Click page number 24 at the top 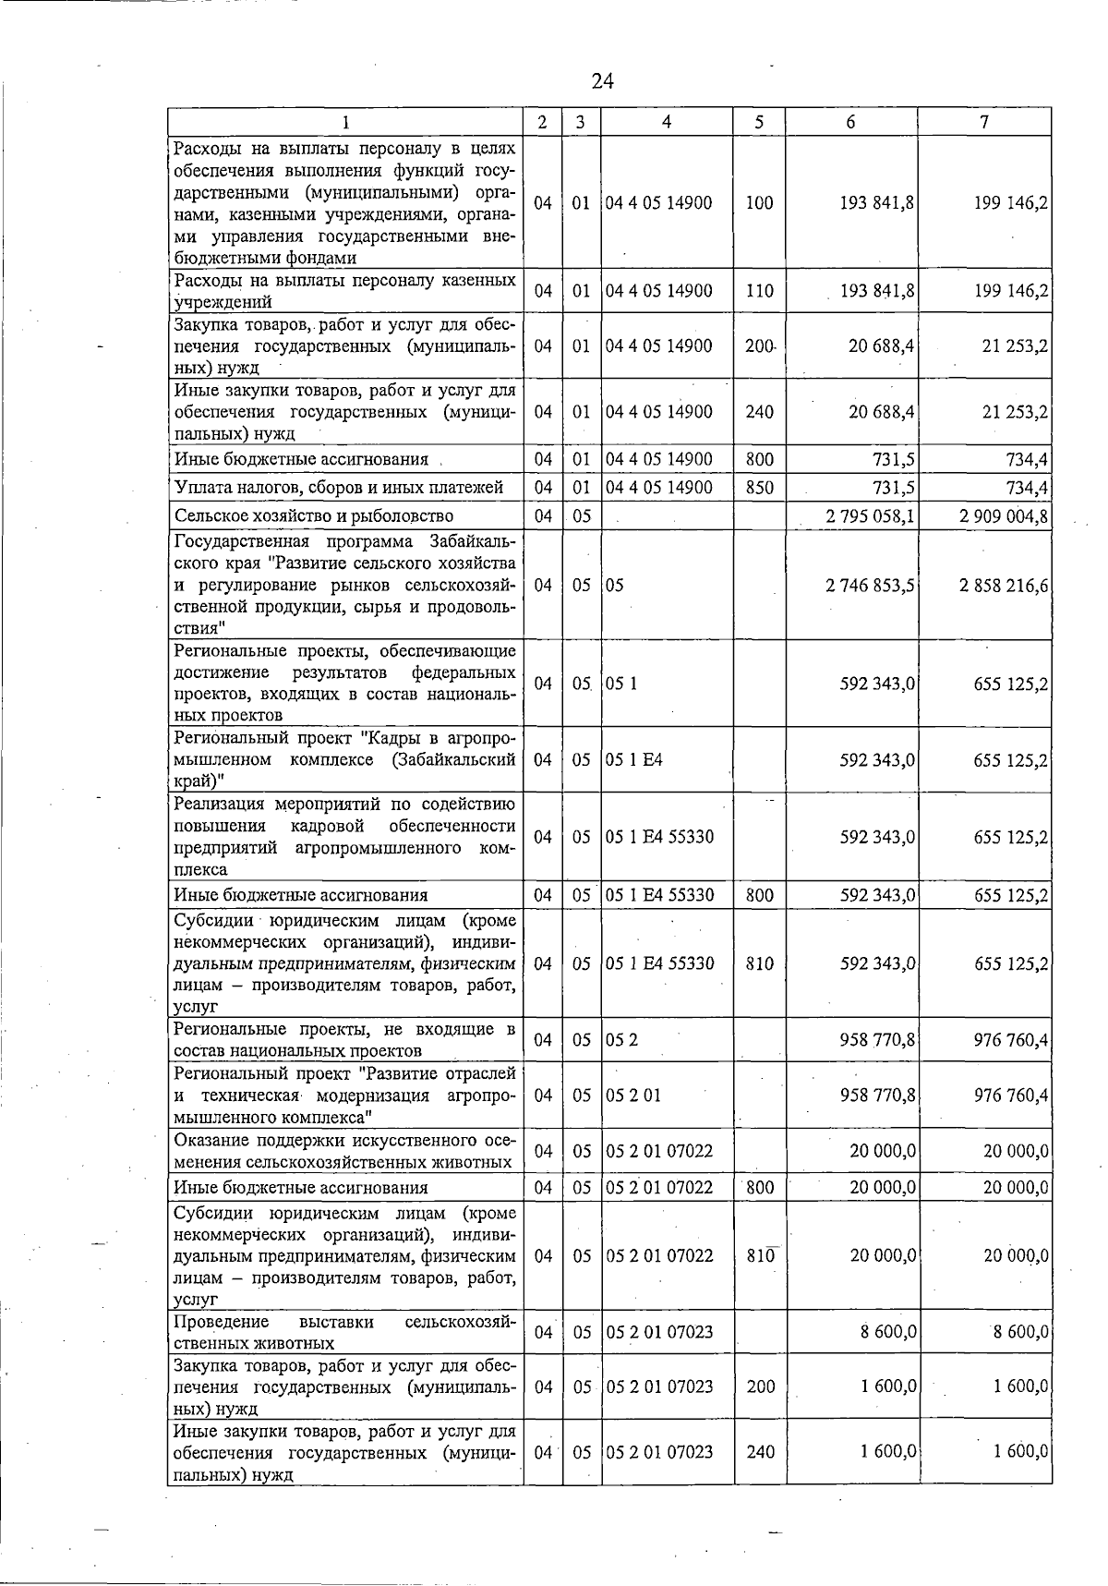(x=602, y=81)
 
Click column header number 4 (x=667, y=122)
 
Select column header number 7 (x=984, y=122)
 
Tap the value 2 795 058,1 (x=871, y=515)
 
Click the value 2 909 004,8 (x=1005, y=515)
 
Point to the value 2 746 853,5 (x=871, y=586)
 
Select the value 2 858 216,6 (x=1005, y=586)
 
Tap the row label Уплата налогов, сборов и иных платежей (x=339, y=487)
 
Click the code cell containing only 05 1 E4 (x=634, y=759)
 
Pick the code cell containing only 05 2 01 (x=633, y=1096)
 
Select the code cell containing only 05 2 (x=622, y=1040)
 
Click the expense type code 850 (x=759, y=487)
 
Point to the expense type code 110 (x=759, y=291)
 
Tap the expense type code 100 (x=759, y=203)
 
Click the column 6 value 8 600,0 (x=883, y=1332)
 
